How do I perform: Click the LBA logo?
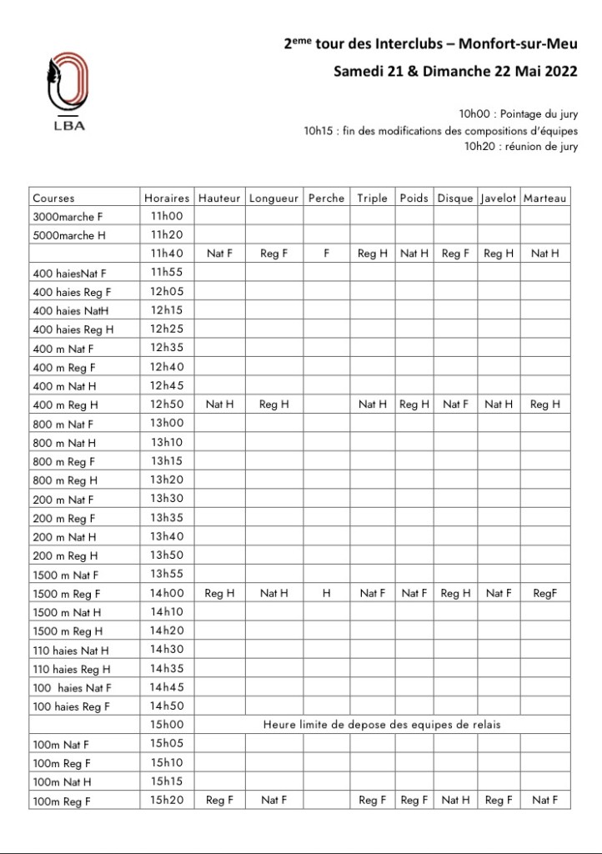68,92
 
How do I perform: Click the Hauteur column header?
219,198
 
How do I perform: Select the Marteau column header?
545,198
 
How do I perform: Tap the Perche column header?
326,198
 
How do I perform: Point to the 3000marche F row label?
68,216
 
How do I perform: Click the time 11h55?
167,273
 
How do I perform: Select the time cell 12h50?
167,404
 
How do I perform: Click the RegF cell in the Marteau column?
544,594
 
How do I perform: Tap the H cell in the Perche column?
326,594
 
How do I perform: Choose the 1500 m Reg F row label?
66,594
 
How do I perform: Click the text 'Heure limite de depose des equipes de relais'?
382,725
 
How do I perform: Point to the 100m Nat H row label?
62,782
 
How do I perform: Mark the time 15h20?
167,801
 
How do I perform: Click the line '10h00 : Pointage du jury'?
518,113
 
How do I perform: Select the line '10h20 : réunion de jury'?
521,147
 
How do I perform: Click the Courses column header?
53,198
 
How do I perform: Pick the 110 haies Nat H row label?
71,651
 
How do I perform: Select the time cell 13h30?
167,499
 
